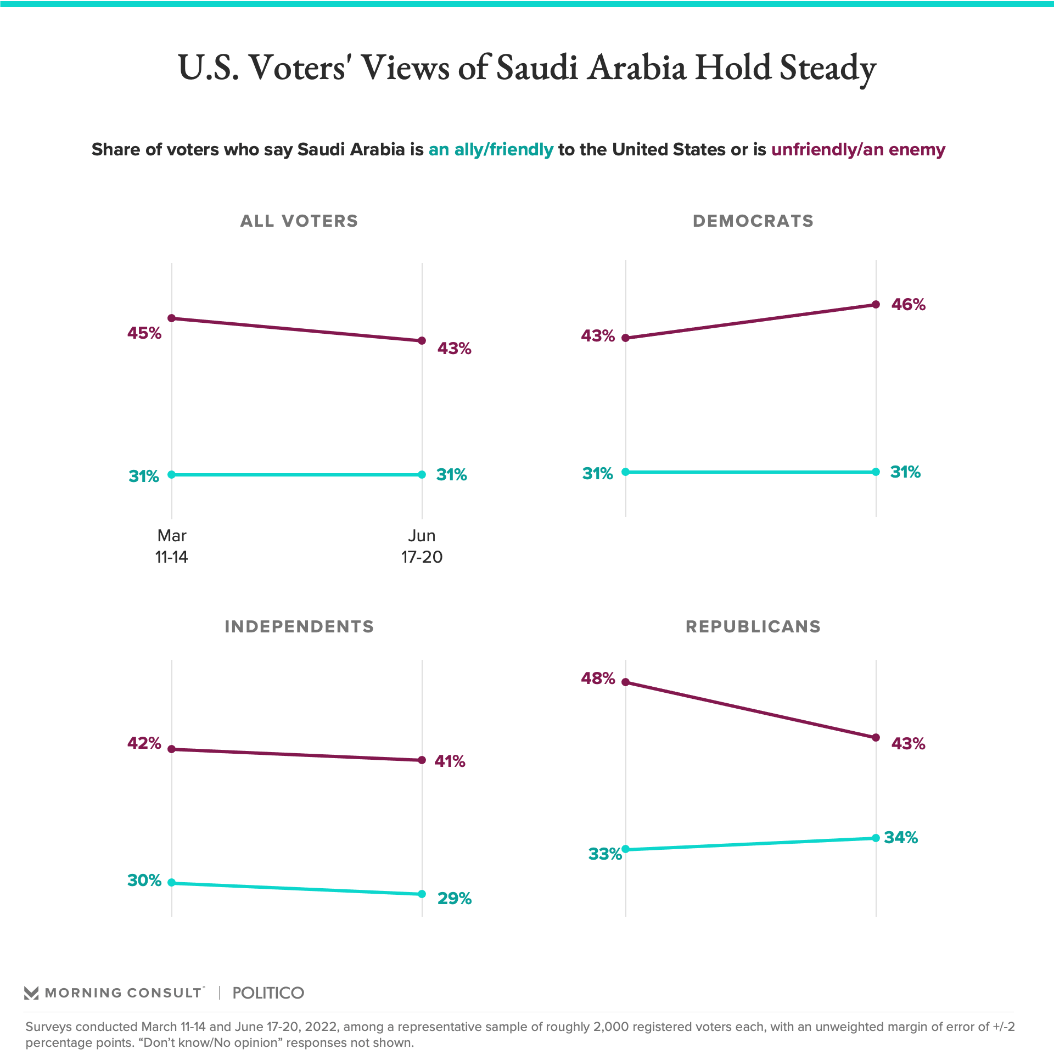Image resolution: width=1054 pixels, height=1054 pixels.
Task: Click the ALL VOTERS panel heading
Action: [299, 221]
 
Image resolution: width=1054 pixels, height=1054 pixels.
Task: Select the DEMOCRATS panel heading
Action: [753, 221]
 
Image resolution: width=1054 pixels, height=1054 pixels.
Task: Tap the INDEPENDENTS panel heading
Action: [299, 626]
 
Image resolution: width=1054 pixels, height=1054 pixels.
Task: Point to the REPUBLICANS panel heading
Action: [753, 626]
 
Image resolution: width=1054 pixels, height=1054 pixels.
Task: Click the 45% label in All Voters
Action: [144, 333]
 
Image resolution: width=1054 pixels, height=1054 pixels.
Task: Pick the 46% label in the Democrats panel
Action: [908, 305]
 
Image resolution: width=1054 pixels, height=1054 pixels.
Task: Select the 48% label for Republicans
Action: [598, 679]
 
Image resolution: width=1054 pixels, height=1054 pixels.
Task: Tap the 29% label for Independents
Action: [454, 899]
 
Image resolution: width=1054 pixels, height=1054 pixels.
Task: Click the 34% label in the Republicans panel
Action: [901, 838]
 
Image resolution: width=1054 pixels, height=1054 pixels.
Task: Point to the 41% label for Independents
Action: [450, 761]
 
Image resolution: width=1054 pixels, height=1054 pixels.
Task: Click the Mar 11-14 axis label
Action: [172, 546]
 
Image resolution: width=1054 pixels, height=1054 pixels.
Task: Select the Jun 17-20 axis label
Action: [422, 546]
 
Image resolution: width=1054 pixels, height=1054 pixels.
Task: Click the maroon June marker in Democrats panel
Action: [876, 305]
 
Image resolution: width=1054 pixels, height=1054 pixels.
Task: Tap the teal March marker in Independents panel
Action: [172, 883]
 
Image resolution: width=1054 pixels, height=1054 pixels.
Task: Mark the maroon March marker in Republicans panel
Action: [626, 682]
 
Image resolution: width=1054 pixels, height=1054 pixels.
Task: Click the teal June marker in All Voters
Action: [422, 475]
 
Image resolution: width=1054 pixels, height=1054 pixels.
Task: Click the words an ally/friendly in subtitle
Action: [491, 150]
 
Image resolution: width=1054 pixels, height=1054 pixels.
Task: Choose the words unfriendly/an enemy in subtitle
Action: [858, 150]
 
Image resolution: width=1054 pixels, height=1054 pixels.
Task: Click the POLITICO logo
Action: [268, 993]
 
